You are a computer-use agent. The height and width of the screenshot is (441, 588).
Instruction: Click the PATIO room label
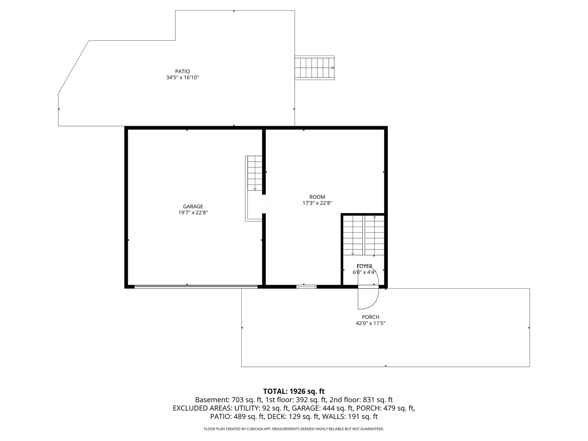[x=182, y=71]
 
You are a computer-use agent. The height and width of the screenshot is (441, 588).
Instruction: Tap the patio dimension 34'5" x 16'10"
[x=182, y=78]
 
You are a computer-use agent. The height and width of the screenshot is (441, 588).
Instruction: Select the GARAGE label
[x=193, y=207]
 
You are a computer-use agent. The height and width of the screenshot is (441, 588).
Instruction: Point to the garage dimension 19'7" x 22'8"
[x=193, y=213]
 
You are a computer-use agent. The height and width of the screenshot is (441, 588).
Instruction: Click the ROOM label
[x=317, y=197]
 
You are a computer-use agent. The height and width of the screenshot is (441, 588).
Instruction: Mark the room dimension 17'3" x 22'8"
[x=317, y=203]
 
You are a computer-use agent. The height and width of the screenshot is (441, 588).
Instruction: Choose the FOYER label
[x=364, y=266]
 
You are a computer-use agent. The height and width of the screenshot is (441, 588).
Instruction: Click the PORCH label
[x=370, y=317]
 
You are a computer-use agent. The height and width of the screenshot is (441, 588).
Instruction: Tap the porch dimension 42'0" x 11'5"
[x=370, y=323]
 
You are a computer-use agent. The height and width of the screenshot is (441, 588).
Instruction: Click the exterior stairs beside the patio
[x=314, y=68]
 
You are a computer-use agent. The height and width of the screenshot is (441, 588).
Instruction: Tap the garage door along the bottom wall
[x=196, y=287]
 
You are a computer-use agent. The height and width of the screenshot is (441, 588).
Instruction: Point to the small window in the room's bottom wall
[x=306, y=287]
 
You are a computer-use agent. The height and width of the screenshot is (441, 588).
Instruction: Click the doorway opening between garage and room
[x=264, y=204]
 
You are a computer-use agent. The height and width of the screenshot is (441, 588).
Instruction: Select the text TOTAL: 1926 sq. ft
[x=294, y=391]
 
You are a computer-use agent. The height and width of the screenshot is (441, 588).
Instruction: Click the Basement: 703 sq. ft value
[x=229, y=400]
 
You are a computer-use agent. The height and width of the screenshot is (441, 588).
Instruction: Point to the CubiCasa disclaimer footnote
[x=294, y=429]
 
